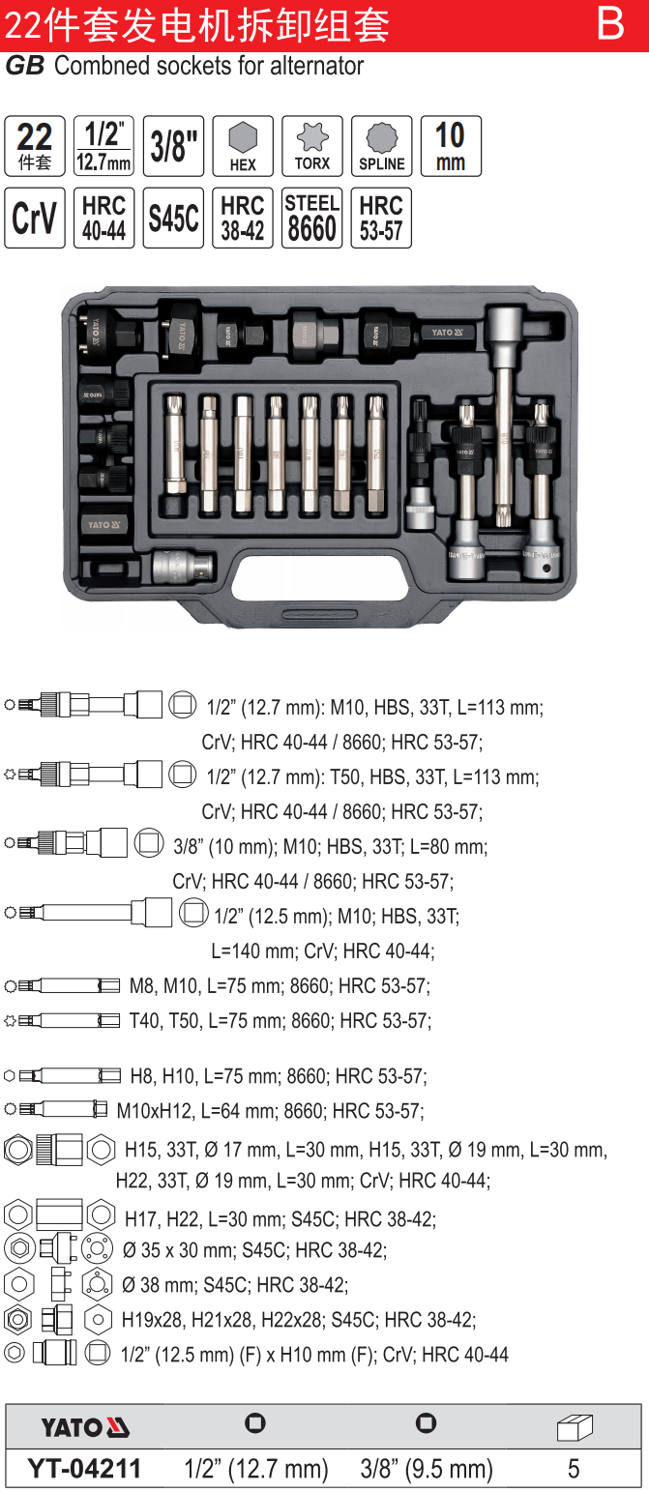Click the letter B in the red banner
609,23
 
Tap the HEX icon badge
243,146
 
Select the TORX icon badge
311,146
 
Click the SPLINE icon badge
381,146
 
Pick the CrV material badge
35,218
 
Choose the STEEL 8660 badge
311,218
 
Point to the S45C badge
173,218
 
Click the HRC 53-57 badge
381,218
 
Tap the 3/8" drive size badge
173,146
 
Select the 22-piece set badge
35,146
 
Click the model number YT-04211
84,1468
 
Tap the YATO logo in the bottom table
85,1427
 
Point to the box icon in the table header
575,1426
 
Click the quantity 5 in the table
574,1469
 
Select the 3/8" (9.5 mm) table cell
427,1469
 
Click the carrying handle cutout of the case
320,577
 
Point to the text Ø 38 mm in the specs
160,1284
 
